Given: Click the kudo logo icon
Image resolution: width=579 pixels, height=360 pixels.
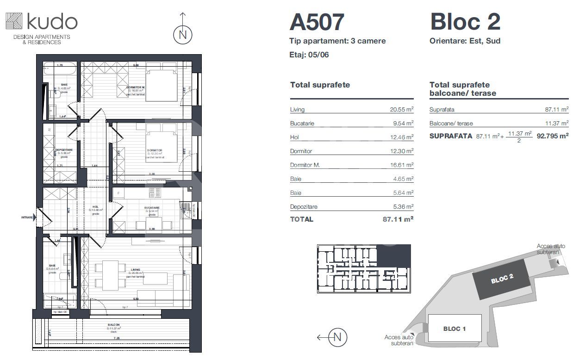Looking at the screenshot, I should pyautogui.click(x=13, y=22).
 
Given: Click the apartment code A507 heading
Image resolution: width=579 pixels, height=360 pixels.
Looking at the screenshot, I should pyautogui.click(x=317, y=22).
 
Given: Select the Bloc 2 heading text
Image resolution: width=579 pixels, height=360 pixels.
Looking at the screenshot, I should pyautogui.click(x=465, y=22).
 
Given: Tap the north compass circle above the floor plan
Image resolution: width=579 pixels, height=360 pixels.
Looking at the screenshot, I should pyautogui.click(x=183, y=35).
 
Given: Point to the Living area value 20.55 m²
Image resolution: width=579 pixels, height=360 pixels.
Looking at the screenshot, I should pyautogui.click(x=401, y=110).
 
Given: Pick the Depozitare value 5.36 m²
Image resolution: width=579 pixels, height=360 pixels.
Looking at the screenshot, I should pyautogui.click(x=403, y=207).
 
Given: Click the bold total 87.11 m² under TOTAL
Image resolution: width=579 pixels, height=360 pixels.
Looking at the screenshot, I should pyautogui.click(x=398, y=219).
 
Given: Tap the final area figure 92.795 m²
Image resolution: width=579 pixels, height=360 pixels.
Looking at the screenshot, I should pyautogui.click(x=553, y=136).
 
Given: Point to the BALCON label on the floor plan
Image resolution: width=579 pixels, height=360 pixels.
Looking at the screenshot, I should pyautogui.click(x=114, y=325).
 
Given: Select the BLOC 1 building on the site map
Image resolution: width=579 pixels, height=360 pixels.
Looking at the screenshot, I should pyautogui.click(x=454, y=329).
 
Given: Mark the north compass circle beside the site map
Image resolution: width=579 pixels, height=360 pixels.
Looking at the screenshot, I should pyautogui.click(x=337, y=337).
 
